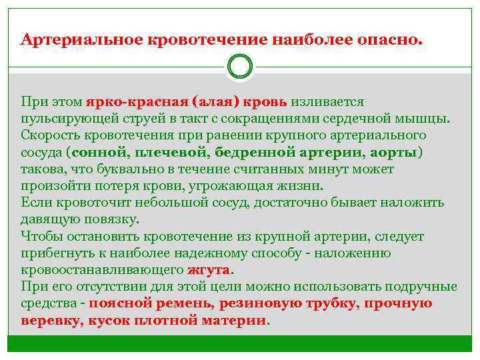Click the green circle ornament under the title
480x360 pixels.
coord(240,67)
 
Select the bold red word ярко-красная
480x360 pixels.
coord(137,102)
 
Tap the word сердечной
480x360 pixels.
coord(375,119)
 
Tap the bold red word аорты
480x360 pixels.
coord(394,153)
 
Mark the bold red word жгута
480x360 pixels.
coord(209,270)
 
